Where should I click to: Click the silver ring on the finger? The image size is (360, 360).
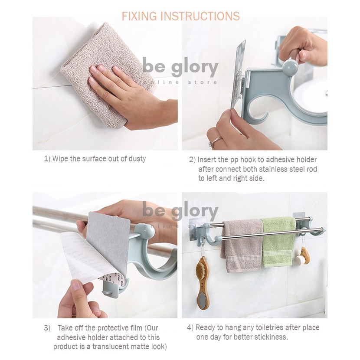point(215,141)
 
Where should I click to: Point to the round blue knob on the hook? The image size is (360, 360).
point(290,68)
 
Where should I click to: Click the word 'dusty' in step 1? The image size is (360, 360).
point(137,159)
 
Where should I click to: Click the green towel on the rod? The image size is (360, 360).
point(279,242)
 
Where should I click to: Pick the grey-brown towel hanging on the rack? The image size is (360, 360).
point(242,245)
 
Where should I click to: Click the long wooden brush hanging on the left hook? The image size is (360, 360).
point(203,282)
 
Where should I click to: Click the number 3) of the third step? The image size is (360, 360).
point(47,328)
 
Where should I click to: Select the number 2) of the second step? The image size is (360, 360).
point(193,160)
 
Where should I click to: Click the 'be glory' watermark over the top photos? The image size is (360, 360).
point(180,67)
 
